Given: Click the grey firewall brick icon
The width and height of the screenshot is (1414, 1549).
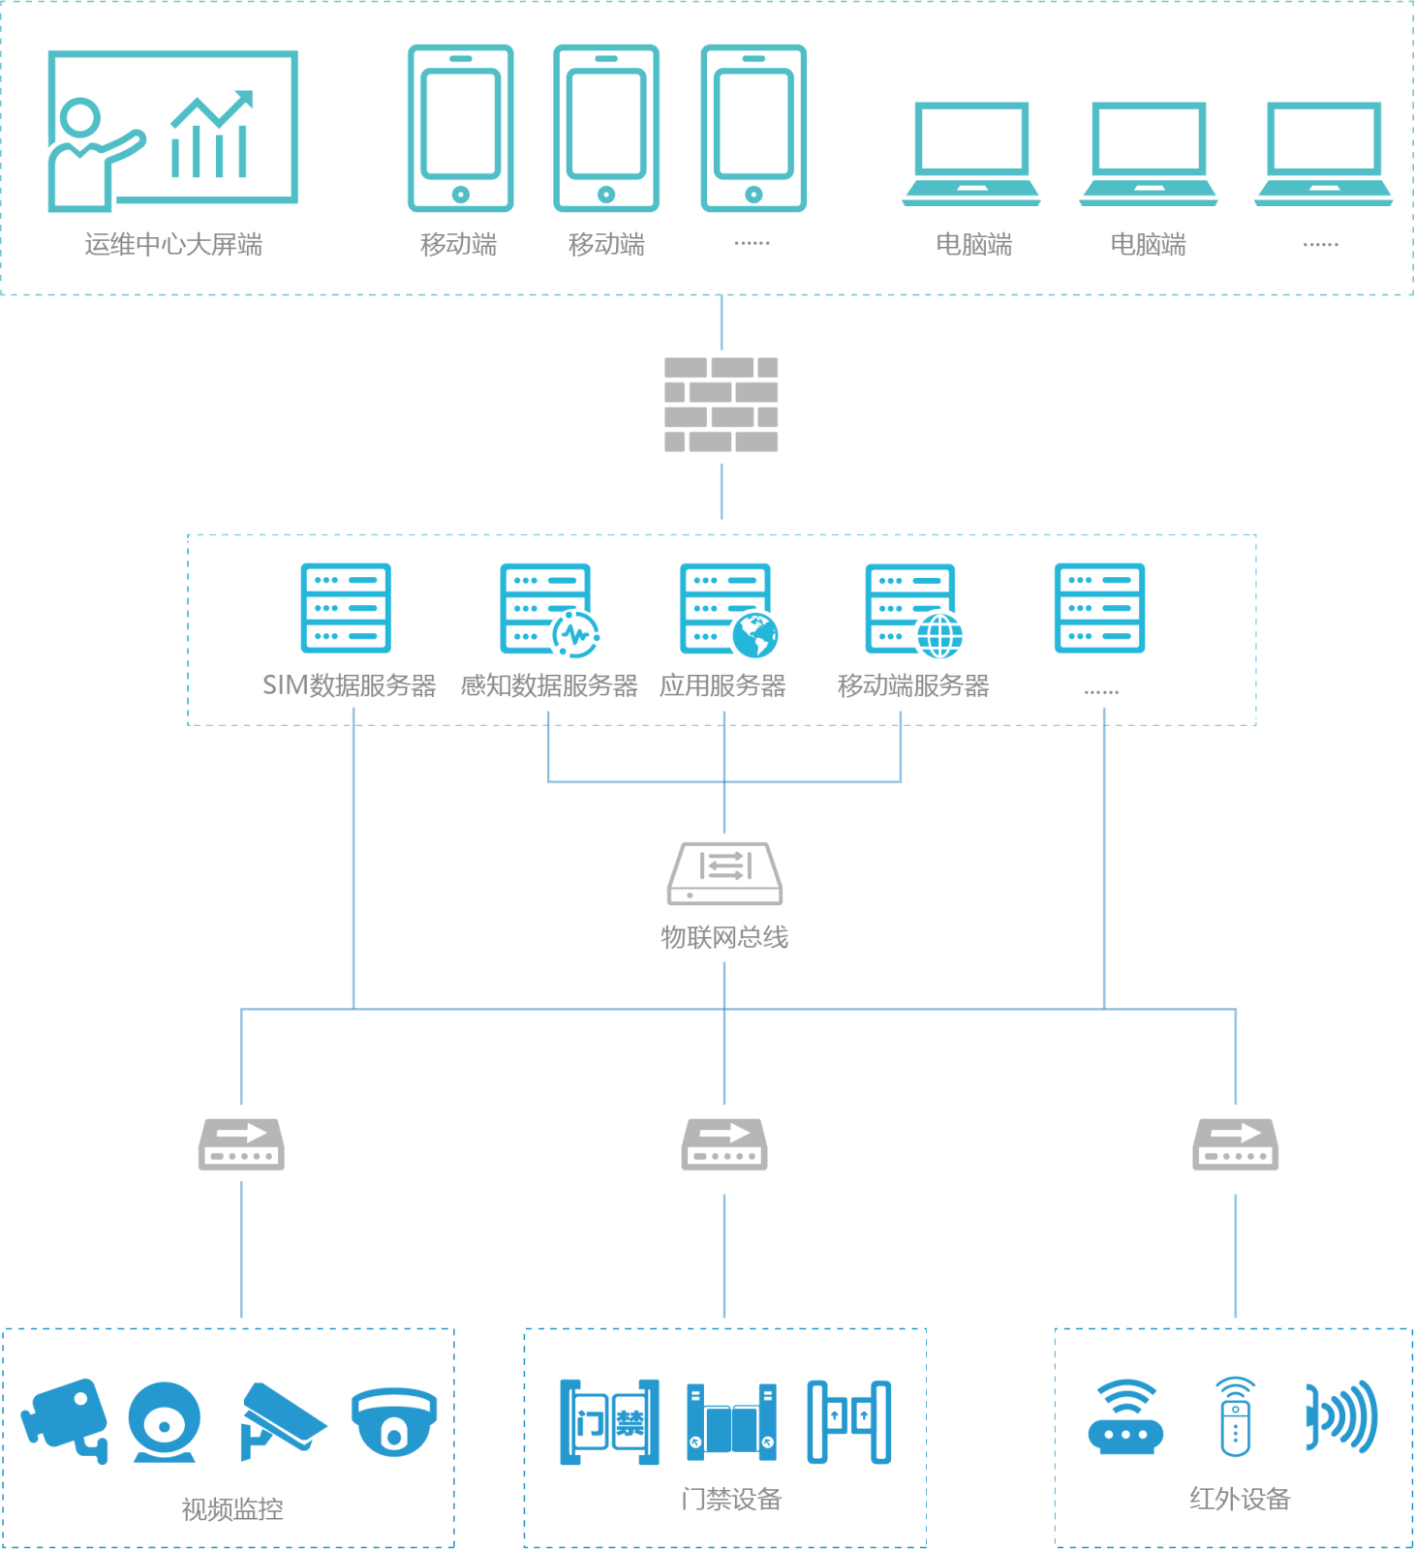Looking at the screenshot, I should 722,405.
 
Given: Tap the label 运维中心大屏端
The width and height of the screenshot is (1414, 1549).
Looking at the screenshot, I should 173,245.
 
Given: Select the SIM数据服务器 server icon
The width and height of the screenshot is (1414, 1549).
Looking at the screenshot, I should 346,608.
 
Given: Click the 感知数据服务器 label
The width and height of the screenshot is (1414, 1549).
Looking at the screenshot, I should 549,685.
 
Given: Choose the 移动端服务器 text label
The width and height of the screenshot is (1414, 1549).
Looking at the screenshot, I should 913,685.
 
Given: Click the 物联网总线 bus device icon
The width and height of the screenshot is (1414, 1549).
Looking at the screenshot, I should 724,873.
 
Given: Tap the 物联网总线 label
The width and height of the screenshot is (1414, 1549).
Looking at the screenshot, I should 724,937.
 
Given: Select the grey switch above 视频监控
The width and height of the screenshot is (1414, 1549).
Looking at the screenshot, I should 241,1144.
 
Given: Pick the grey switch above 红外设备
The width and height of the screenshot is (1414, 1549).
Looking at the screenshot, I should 1235,1144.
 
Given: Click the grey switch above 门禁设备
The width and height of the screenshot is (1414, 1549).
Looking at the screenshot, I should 724,1144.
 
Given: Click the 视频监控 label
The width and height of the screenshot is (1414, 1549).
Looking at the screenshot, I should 232,1508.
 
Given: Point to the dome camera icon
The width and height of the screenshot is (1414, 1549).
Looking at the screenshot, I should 394,1421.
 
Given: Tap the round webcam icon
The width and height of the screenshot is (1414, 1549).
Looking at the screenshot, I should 165,1421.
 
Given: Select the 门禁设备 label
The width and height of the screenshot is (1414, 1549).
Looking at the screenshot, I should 731,1499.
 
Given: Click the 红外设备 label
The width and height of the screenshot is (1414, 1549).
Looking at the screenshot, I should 1240,1499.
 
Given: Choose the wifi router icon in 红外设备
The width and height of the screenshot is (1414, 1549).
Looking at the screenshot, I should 1125,1418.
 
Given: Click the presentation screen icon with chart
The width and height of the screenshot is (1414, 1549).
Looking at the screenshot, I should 172,130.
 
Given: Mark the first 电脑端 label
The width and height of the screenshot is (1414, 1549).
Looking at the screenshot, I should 974,245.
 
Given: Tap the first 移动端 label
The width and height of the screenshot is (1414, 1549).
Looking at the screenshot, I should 459,245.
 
